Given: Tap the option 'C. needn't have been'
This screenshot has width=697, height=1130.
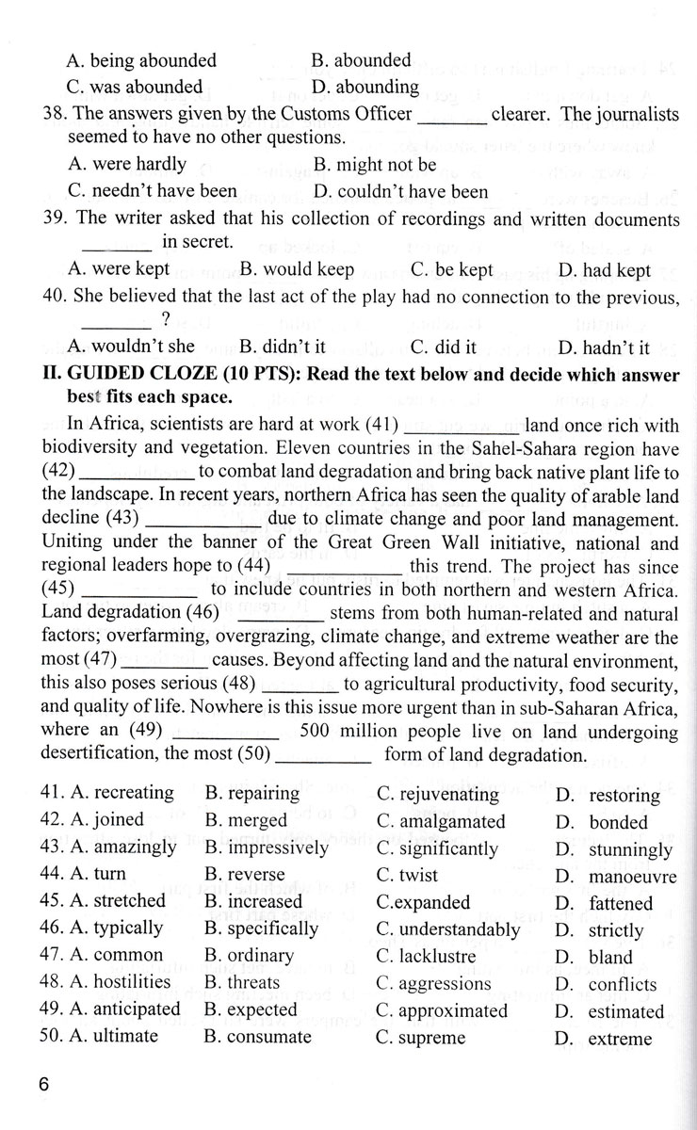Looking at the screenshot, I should click(153, 190).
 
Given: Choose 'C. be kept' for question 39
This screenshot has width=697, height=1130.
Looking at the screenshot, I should click(451, 269).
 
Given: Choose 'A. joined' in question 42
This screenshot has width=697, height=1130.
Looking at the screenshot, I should click(106, 820).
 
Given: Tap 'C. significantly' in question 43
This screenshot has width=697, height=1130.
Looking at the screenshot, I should click(437, 847).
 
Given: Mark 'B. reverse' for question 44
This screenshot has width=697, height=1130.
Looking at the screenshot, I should click(244, 875).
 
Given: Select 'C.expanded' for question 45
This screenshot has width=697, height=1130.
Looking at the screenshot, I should click(423, 901).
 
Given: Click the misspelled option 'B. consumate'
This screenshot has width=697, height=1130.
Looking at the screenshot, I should click(257, 1037).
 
